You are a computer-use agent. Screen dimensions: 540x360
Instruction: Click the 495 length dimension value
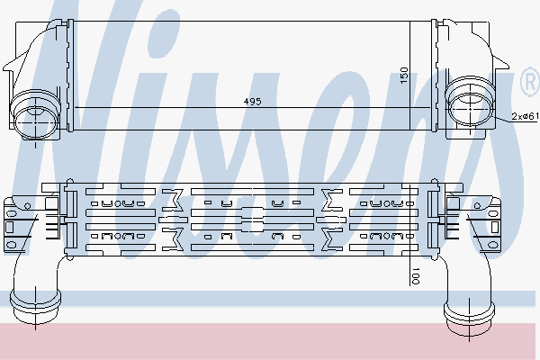coord(252,102)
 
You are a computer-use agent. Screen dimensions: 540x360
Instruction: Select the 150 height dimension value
coord(404,75)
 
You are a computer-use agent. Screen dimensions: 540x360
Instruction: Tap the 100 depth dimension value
coord(416,275)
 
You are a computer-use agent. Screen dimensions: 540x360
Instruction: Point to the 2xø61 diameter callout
coord(525,116)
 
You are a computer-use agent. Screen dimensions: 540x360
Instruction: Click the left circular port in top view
coord(36,122)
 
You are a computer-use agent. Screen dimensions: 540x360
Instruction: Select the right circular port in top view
coord(471,108)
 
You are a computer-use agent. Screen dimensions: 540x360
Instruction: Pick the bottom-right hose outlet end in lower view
coord(469,318)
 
